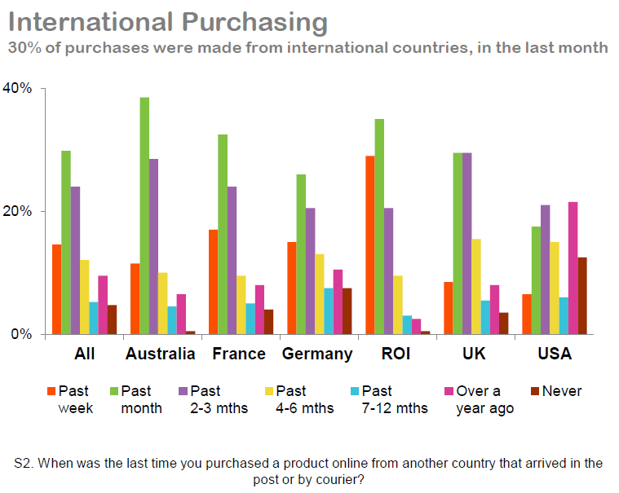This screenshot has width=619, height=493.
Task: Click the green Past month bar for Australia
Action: (144, 216)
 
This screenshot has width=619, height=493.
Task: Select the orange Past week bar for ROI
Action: (370, 244)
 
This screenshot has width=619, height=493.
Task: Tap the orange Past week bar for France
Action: (214, 281)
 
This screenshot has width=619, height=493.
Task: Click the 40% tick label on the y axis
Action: (18, 88)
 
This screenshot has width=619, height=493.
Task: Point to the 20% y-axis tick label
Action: (18, 211)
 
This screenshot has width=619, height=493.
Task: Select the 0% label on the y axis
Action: (21, 334)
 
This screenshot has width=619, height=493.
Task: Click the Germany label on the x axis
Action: (317, 354)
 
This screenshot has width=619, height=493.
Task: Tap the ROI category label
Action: (395, 354)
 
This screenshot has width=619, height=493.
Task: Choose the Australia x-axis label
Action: (160, 354)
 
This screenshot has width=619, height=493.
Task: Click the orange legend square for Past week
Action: (51, 391)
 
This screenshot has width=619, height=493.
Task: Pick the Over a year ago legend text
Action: (484, 399)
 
